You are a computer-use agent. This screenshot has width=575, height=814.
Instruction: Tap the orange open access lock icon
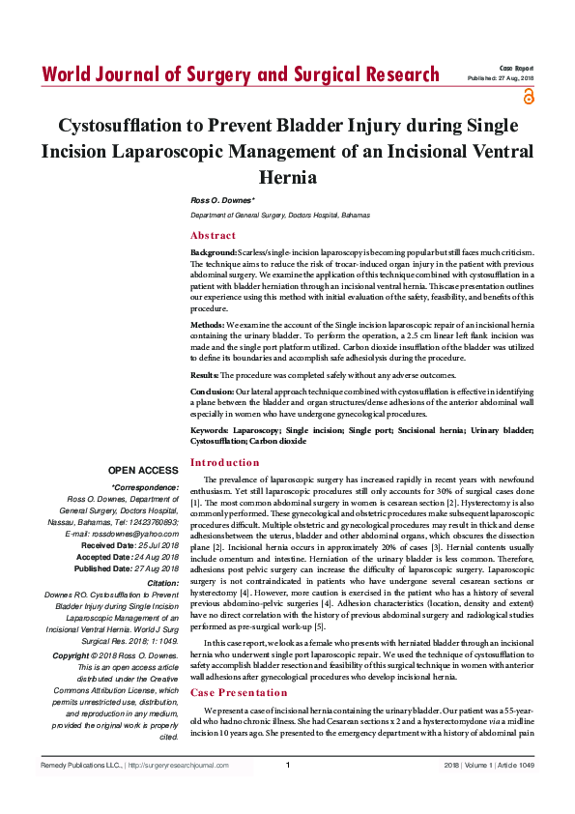point(528,97)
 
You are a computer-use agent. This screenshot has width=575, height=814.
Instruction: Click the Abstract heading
point(213,236)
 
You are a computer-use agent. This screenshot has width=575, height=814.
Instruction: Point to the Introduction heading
point(224,462)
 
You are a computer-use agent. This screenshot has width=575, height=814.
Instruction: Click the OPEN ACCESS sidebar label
point(143,470)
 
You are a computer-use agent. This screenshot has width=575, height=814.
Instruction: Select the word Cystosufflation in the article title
point(138,127)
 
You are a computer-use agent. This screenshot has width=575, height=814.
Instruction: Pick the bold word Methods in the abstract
point(207,327)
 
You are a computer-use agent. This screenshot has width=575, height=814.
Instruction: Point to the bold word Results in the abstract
point(204,373)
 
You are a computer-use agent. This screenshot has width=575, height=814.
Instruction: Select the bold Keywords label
point(211,428)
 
